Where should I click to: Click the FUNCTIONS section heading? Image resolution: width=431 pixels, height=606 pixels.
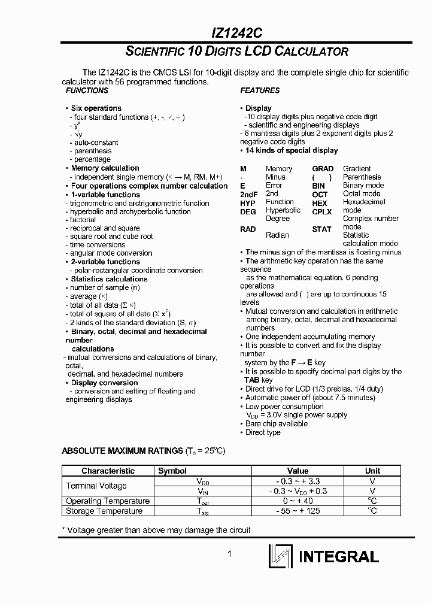pyautogui.click(x=87, y=90)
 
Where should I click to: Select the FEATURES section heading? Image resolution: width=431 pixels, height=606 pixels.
pyautogui.click(x=260, y=90)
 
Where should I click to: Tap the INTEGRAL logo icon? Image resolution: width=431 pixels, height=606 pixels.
pyautogui.click(x=280, y=556)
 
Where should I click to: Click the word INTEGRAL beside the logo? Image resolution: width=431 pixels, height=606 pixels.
pyautogui.click(x=338, y=557)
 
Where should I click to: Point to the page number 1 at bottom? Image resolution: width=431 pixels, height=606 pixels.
pyautogui.click(x=229, y=555)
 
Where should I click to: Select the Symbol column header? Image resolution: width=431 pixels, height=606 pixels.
pyautogui.click(x=172, y=471)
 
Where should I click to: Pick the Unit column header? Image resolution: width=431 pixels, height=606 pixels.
pyautogui.click(x=372, y=471)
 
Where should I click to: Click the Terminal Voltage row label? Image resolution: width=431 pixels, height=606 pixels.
pyautogui.click(x=96, y=486)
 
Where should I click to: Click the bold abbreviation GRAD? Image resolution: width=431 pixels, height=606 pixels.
pyautogui.click(x=323, y=169)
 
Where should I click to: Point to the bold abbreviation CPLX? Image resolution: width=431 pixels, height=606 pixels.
pyautogui.click(x=321, y=211)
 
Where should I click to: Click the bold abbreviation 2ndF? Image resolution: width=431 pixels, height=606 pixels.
pyautogui.click(x=248, y=195)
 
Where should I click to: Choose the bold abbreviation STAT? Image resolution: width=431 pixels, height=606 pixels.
pyautogui.click(x=321, y=229)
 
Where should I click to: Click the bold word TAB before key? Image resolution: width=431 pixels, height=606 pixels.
pyautogui.click(x=251, y=380)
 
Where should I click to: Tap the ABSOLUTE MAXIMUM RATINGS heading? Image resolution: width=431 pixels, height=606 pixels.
pyautogui.click(x=122, y=451)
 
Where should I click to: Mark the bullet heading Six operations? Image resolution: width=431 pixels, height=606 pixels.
pyautogui.click(x=96, y=108)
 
